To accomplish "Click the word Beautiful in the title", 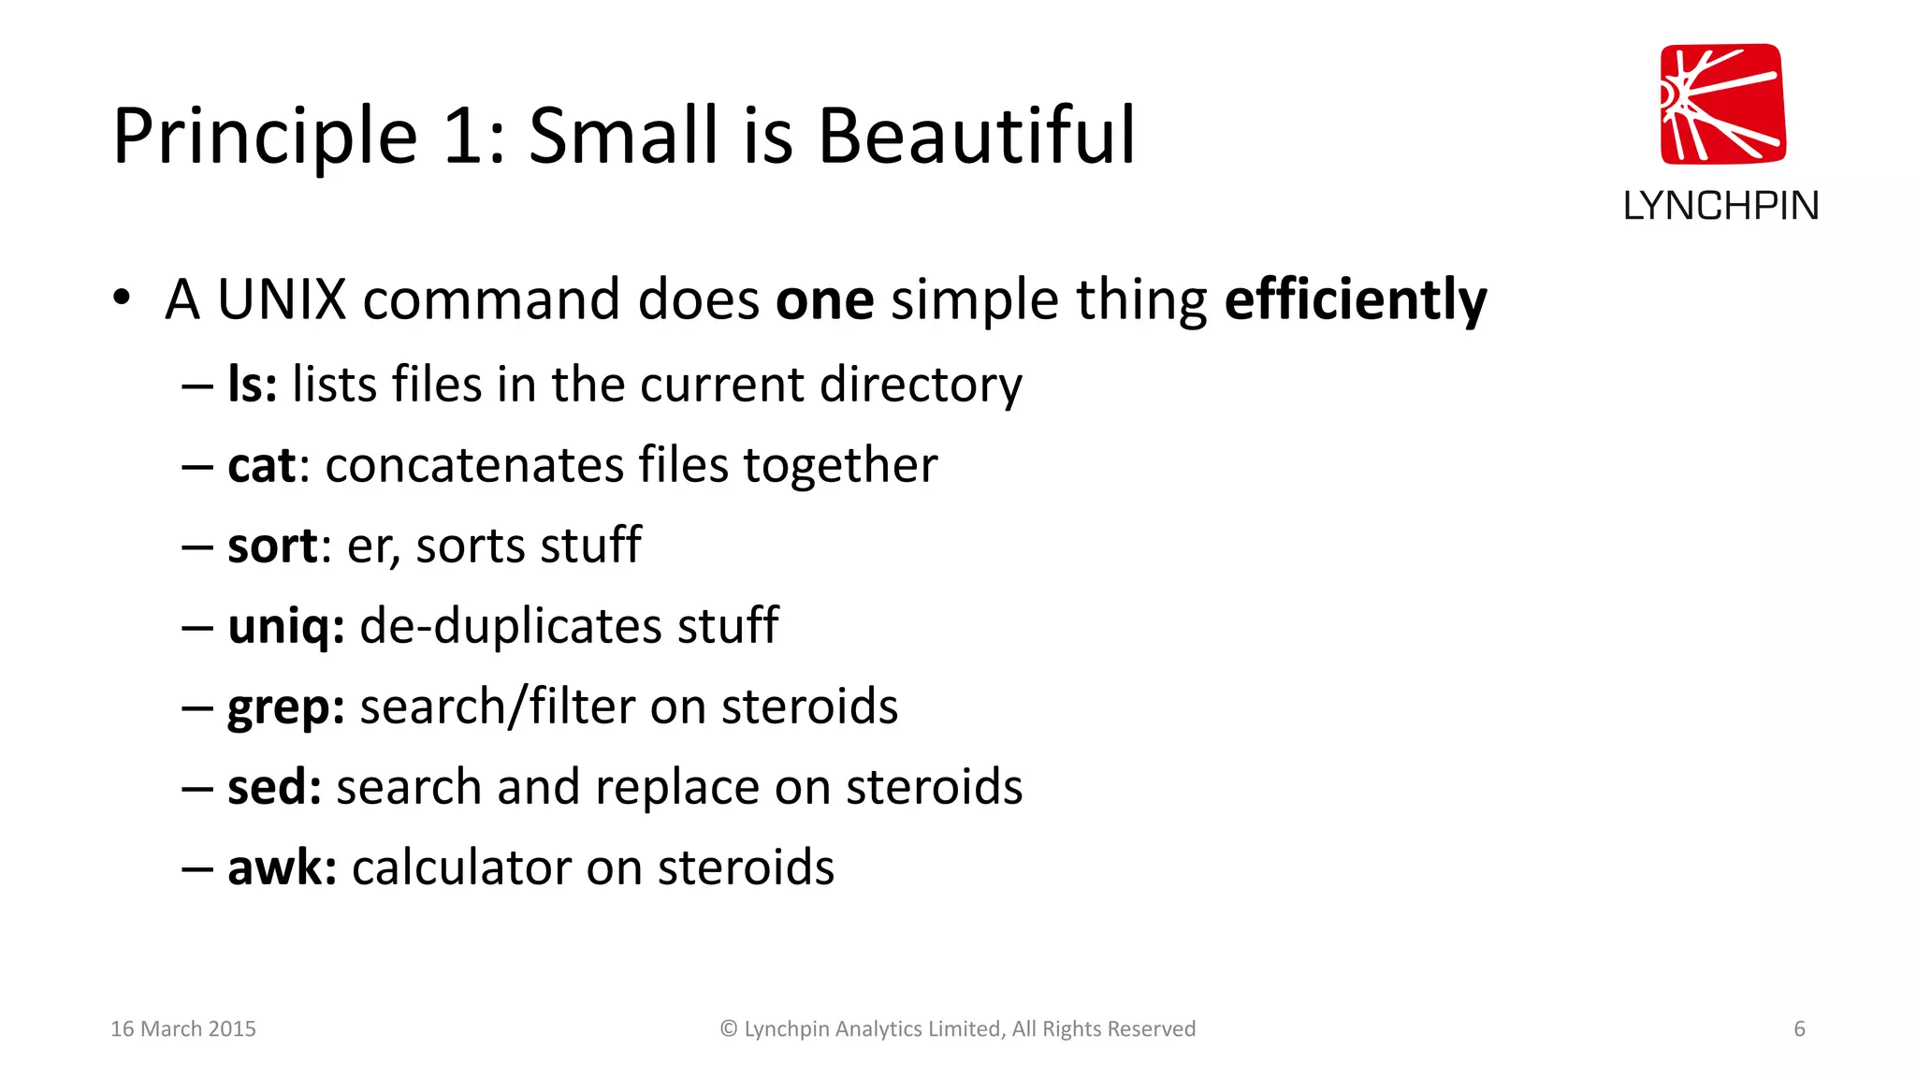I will coord(977,137).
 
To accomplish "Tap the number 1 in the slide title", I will coord(462,137).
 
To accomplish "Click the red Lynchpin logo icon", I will coord(1722,105).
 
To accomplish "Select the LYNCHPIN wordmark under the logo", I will coord(1720,206).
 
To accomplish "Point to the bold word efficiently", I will coord(1355,300).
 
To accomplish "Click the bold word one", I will coord(824,300).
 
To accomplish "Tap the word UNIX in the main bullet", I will coord(282,300).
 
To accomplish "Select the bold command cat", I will coord(261,465).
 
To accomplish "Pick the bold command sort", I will coord(272,546).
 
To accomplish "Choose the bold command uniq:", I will coord(285,626).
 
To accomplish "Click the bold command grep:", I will coord(285,707).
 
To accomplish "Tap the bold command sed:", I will coord(274,787).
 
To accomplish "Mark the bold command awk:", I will coord(282,867).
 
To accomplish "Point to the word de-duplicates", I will coord(511,626).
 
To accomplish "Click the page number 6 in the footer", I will coord(1799,1029).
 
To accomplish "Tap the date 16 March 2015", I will coord(183,1029).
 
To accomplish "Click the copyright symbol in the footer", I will coord(729,1029).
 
